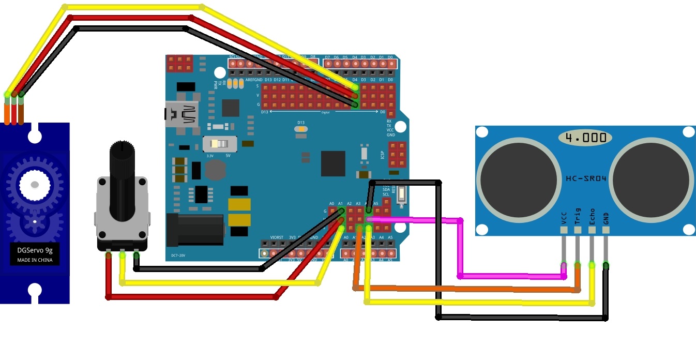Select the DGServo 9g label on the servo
[35, 250]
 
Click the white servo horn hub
[35, 184]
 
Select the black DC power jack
[195, 229]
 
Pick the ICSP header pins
[398, 155]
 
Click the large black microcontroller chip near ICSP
[332, 163]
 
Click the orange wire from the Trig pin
[465, 288]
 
